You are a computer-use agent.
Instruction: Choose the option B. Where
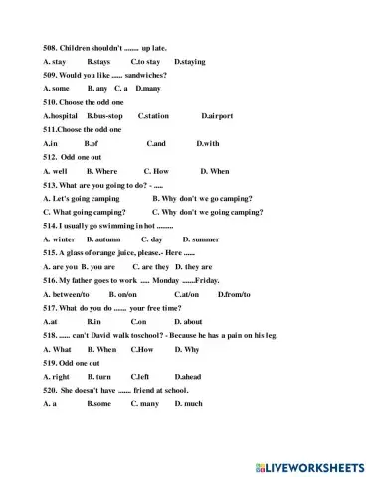[x=101, y=171]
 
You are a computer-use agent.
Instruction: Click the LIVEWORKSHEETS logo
[x=312, y=464]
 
